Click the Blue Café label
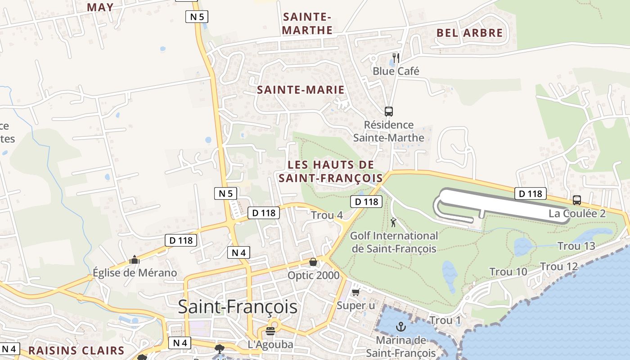396,71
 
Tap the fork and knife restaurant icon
396,58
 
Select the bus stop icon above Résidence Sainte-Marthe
389,111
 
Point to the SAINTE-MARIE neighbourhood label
301,90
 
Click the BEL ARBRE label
469,33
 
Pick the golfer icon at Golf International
394,222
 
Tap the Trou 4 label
327,216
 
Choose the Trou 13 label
576,246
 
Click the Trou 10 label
508,272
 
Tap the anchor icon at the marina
400,327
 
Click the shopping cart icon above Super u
355,292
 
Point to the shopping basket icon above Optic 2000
313,262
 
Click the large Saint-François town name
238,307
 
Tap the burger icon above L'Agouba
270,332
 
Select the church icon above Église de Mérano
134,260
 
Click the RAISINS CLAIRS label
76,351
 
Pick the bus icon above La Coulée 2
577,200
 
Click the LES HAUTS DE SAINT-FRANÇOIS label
331,171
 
